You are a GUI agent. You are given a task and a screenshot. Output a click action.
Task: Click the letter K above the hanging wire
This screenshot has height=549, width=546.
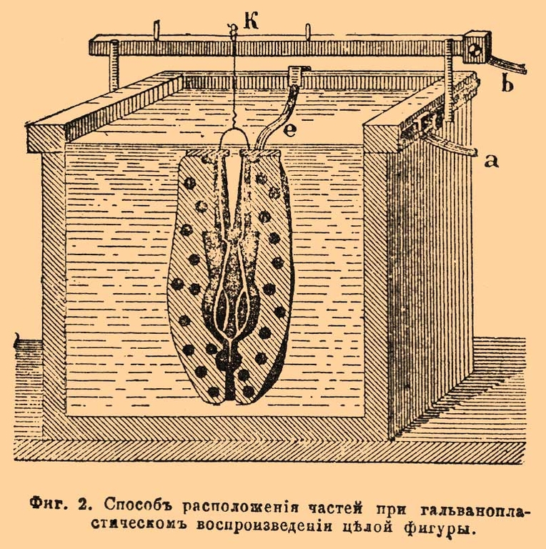coord(250,21)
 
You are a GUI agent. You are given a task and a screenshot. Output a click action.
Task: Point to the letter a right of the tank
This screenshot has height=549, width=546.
coord(490,161)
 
